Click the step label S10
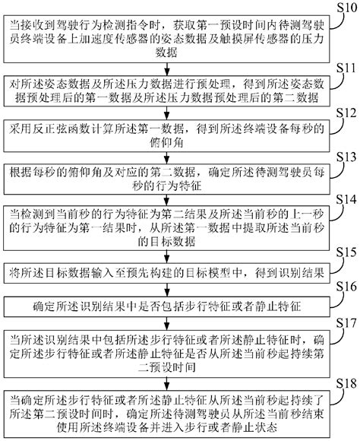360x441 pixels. pos(344,8)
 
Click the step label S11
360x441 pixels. pos(344,68)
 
